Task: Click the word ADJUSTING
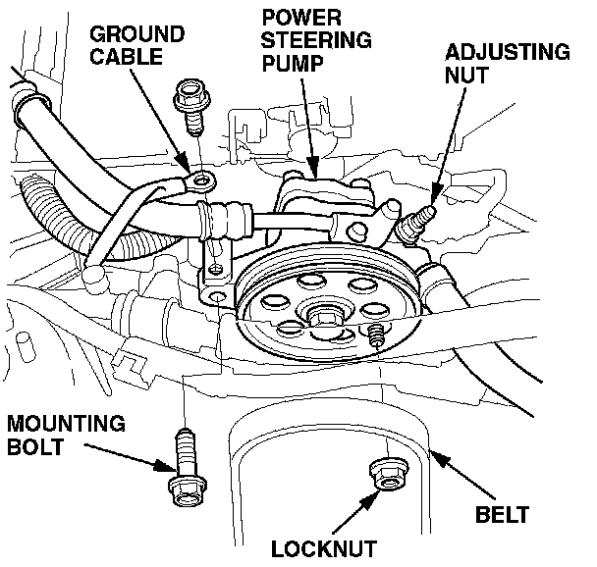(x=507, y=52)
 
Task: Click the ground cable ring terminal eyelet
(x=202, y=180)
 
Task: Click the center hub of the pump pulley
(x=319, y=319)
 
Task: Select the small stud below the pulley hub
(x=374, y=336)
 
